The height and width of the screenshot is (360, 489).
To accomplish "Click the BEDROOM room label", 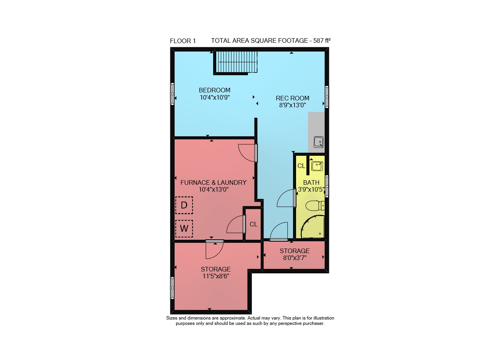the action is click(x=215, y=90).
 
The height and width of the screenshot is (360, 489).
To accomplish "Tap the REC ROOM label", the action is click(x=293, y=98).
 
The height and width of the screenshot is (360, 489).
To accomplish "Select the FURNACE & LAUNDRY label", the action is click(x=214, y=182).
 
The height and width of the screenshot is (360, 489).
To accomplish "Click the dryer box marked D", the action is click(x=184, y=205).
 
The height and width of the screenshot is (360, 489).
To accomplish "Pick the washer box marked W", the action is click(x=184, y=228).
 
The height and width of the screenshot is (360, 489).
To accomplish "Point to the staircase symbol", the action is click(x=236, y=62).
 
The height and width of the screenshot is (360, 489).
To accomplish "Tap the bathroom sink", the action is click(x=317, y=166).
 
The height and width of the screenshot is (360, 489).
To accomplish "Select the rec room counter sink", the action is click(x=319, y=142).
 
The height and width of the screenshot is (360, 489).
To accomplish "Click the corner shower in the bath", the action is click(x=313, y=227).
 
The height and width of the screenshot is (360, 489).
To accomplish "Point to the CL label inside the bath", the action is click(x=301, y=166).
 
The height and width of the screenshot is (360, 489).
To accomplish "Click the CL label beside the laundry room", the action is click(x=253, y=224).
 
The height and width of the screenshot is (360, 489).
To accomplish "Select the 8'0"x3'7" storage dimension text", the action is click(x=295, y=258).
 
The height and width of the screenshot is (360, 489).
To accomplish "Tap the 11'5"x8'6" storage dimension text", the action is click(x=216, y=276).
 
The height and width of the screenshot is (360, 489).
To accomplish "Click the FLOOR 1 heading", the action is click(x=183, y=41).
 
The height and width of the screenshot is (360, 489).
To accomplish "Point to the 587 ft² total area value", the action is click(x=322, y=40).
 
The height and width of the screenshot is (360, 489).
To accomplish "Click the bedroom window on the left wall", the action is click(x=172, y=94).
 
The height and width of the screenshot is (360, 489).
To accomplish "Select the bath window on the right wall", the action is click(x=327, y=186).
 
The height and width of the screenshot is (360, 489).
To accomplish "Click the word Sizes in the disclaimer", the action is click(x=172, y=318).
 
